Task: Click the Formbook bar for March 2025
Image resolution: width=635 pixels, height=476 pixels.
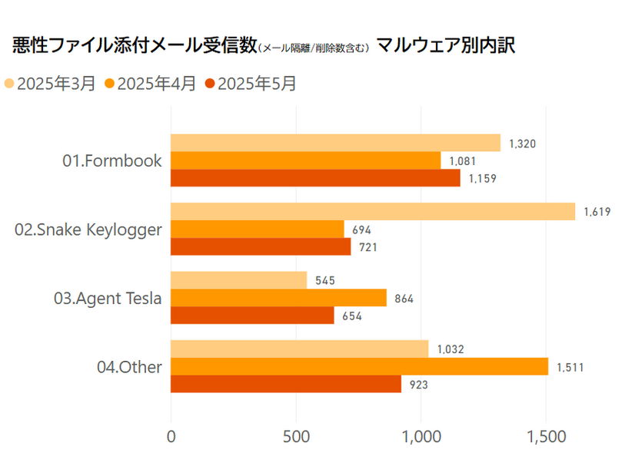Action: click(335, 143)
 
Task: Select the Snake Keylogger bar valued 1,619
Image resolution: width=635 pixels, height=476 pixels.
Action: click(372, 211)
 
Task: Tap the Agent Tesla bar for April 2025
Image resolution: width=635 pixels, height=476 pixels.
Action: click(278, 298)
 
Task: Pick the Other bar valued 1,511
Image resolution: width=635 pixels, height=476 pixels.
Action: click(359, 366)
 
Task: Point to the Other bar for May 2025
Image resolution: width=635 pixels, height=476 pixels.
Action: click(285, 384)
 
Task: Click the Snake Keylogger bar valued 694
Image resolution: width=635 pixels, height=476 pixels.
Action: click(257, 229)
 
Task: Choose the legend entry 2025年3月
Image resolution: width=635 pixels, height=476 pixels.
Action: click(50, 84)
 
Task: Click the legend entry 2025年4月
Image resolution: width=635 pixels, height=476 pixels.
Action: click(150, 84)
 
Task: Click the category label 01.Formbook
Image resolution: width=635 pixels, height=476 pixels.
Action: click(112, 160)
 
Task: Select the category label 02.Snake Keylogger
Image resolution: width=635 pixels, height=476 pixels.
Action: click(88, 229)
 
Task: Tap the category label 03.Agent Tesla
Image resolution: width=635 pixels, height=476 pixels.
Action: click(108, 298)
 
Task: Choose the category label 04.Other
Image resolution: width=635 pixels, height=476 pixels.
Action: click(129, 367)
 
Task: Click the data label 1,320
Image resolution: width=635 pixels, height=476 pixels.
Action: click(523, 144)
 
